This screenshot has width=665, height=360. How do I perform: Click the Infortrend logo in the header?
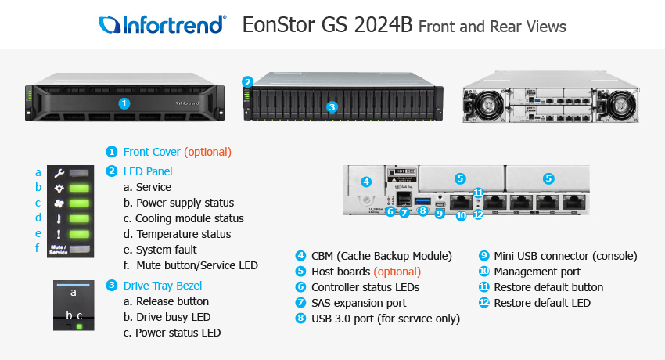tap(163, 25)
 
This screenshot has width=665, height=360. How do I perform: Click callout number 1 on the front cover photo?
tap(123, 103)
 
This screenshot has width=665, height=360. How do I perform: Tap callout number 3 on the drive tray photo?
tap(331, 107)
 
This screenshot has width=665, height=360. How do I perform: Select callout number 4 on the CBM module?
tap(366, 182)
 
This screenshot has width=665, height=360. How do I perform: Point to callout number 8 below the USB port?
tap(422, 210)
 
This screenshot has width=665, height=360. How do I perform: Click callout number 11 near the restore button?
tap(478, 193)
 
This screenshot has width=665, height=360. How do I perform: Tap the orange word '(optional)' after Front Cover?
tap(207, 152)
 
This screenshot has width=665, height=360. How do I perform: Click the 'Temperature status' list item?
tap(183, 234)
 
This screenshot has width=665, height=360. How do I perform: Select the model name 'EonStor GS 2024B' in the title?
tap(328, 25)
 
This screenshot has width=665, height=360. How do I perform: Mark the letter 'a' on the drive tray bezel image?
tap(74, 292)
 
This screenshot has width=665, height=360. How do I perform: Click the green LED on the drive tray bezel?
tap(79, 324)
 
